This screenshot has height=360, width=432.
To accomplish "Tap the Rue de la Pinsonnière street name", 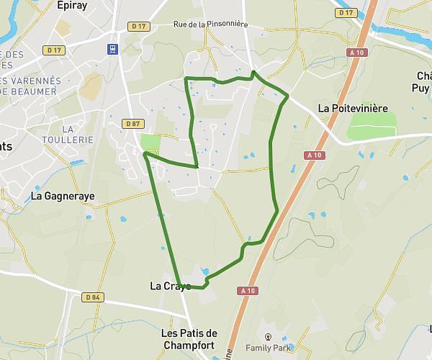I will click(210, 24).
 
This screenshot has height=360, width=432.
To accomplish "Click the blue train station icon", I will click(113, 49).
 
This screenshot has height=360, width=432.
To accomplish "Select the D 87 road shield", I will click(132, 124).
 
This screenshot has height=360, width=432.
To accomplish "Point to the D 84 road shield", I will click(92, 297).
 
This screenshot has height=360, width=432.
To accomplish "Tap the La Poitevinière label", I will click(353, 109).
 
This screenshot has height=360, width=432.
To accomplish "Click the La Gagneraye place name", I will click(63, 196).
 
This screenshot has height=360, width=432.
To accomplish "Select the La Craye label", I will click(170, 286).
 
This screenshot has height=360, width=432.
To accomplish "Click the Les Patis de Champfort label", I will click(189, 339).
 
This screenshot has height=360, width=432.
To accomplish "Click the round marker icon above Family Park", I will click(269, 336).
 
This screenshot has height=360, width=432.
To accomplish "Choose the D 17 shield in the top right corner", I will click(347, 13).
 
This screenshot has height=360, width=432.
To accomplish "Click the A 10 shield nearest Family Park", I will click(248, 290).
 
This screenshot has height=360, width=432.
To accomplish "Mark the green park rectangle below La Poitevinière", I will click(372, 127).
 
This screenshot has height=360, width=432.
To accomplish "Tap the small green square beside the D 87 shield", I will click(149, 142).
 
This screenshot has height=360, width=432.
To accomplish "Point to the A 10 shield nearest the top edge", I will click(355, 52).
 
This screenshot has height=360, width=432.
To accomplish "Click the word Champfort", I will click(189, 345).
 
